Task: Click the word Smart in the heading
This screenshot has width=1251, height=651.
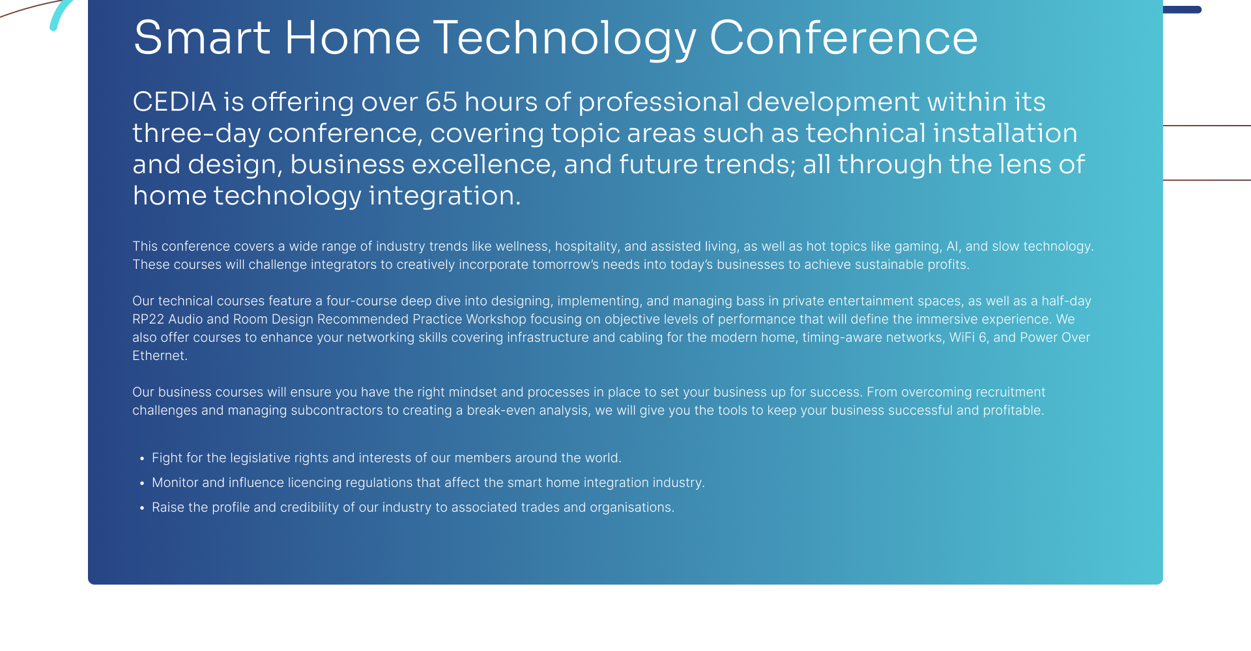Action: (201, 37)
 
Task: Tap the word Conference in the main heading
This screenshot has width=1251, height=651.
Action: (843, 37)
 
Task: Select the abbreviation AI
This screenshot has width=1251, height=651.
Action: (953, 246)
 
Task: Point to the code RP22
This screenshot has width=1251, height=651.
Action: (149, 319)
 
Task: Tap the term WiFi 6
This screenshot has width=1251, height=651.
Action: (968, 337)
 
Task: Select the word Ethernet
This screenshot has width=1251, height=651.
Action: (160, 355)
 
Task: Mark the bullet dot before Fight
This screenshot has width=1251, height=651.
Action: (142, 459)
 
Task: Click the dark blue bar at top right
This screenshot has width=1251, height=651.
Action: (1182, 10)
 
